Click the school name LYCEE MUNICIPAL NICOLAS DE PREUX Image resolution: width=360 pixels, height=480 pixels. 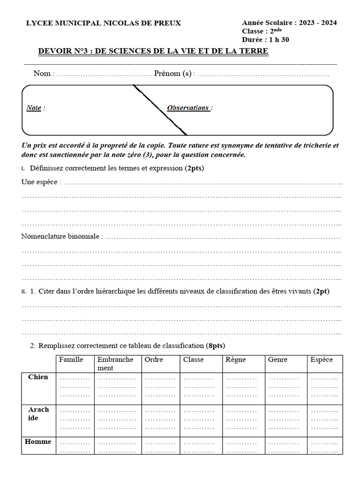103,23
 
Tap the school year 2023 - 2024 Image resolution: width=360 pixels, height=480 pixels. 317,23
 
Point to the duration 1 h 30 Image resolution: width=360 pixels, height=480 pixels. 278,40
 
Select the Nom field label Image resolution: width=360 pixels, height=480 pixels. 42,74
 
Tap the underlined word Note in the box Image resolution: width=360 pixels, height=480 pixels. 34,108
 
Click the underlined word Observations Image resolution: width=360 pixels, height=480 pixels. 188,108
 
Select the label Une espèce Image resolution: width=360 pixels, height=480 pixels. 41,182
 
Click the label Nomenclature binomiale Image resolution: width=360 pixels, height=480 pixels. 60,236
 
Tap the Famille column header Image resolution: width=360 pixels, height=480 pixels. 71,360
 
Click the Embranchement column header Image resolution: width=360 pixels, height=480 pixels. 115,364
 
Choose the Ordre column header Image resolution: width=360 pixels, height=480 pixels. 154,360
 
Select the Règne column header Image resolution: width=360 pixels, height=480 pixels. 235,360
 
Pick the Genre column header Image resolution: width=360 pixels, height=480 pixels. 278,360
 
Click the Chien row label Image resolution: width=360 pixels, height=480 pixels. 38,377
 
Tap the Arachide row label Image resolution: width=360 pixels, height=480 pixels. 38,413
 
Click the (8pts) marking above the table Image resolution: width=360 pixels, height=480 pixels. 216,346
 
